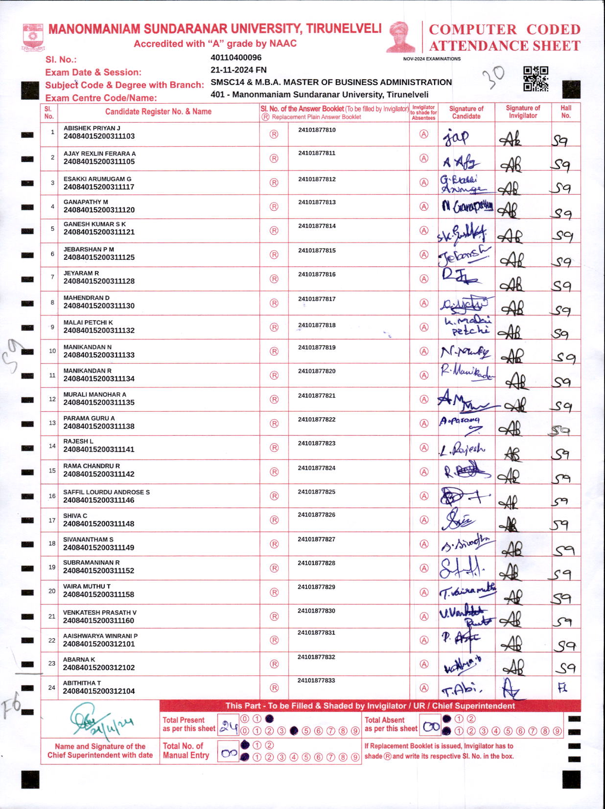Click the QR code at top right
point(535,79)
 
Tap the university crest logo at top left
point(33,37)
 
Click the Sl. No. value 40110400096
point(236,58)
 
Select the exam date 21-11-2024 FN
point(238,70)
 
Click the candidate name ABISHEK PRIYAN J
point(92,128)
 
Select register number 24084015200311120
point(99,210)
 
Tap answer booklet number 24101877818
point(317,325)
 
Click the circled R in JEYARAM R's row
point(274,279)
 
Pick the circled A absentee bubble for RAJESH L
point(424,448)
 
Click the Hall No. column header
point(566,112)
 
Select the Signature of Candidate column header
point(466,112)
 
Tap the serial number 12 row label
point(52,399)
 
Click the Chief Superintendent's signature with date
point(98,720)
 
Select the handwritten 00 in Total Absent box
point(431,727)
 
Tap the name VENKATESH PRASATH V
point(100,612)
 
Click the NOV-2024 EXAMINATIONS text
point(432,59)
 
